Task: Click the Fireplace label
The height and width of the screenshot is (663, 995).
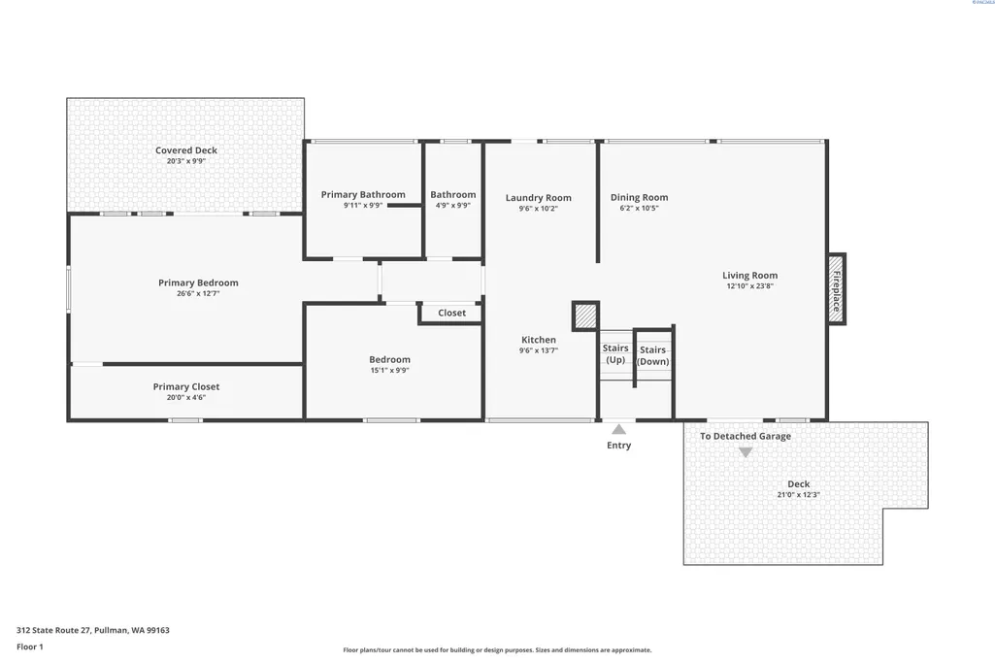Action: pos(837,290)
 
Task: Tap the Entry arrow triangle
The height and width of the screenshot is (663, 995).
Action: pos(618,429)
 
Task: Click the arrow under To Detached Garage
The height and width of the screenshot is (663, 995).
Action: pos(746,452)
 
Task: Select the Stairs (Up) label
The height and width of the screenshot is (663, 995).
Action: pos(615,354)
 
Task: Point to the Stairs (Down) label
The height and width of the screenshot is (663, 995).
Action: pos(653,355)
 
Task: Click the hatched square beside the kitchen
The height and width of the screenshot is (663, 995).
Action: pos(585,315)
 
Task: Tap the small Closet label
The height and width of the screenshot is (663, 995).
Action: pos(451,313)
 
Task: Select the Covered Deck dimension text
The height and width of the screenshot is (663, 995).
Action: pos(186,161)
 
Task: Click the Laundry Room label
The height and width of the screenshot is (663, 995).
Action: pos(538,198)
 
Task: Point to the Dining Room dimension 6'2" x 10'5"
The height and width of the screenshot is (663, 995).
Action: pos(639,208)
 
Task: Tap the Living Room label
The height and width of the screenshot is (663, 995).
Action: pos(750,276)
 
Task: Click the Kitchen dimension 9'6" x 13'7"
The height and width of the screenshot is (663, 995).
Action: pos(538,350)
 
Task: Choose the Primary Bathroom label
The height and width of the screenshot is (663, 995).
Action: pos(363,195)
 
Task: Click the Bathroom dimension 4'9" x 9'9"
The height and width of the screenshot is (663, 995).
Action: pos(453,206)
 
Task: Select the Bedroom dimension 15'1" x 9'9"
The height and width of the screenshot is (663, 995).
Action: pos(389,371)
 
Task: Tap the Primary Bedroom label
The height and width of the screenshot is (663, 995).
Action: pos(199,283)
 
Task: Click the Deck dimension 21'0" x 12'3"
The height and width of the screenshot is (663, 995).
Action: pos(798,495)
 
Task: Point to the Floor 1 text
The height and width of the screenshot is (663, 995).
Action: pos(30,647)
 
